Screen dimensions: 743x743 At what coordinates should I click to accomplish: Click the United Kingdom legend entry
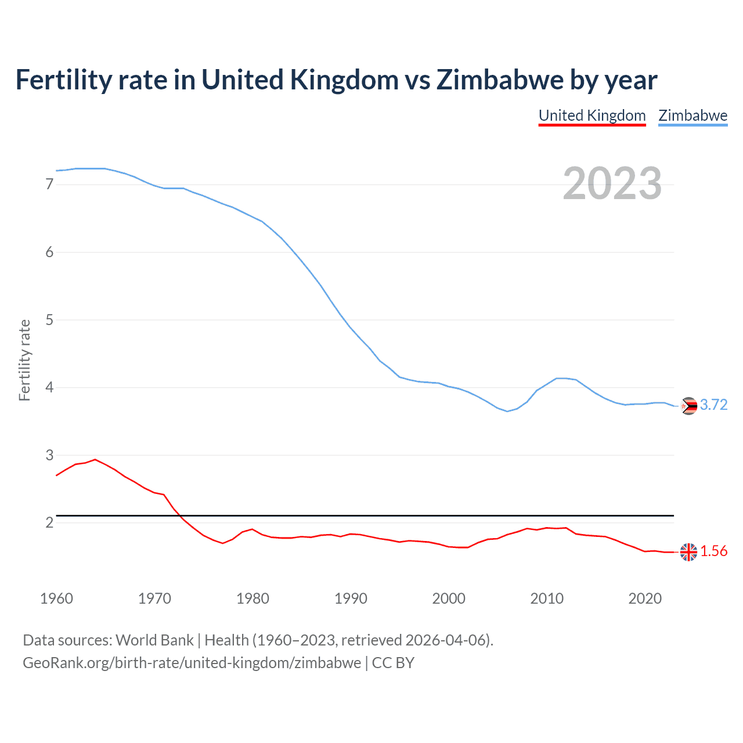tap(592, 116)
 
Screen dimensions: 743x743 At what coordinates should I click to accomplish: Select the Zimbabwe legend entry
tap(692, 116)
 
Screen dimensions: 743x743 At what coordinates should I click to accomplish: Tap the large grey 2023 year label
tap(612, 184)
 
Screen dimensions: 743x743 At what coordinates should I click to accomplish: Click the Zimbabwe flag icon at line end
tap(688, 406)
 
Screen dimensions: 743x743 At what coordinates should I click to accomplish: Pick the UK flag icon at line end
tap(688, 552)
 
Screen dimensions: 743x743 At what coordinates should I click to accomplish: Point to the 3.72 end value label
tap(713, 405)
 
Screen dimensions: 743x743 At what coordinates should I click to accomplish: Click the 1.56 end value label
tap(713, 551)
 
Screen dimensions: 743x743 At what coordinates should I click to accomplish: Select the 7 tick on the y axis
tap(49, 185)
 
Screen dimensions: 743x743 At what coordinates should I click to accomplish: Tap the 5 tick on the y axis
tap(49, 320)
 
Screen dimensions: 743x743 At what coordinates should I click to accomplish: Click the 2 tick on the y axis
tap(49, 523)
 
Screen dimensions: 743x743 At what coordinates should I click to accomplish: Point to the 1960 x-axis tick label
tap(56, 598)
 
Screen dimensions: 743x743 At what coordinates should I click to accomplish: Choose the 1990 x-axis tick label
tap(351, 598)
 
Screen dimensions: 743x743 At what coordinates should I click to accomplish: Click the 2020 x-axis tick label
tap(645, 598)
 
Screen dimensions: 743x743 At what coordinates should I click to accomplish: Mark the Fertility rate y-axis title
tap(24, 360)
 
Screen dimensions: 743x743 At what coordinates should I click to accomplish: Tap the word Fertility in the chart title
tap(63, 80)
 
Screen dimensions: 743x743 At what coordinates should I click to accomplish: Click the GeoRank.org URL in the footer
tap(192, 663)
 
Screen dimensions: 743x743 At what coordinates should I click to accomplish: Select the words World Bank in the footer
tap(154, 640)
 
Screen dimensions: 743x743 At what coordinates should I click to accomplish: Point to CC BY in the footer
tap(393, 663)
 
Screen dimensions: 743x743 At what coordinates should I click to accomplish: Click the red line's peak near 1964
tap(95, 459)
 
